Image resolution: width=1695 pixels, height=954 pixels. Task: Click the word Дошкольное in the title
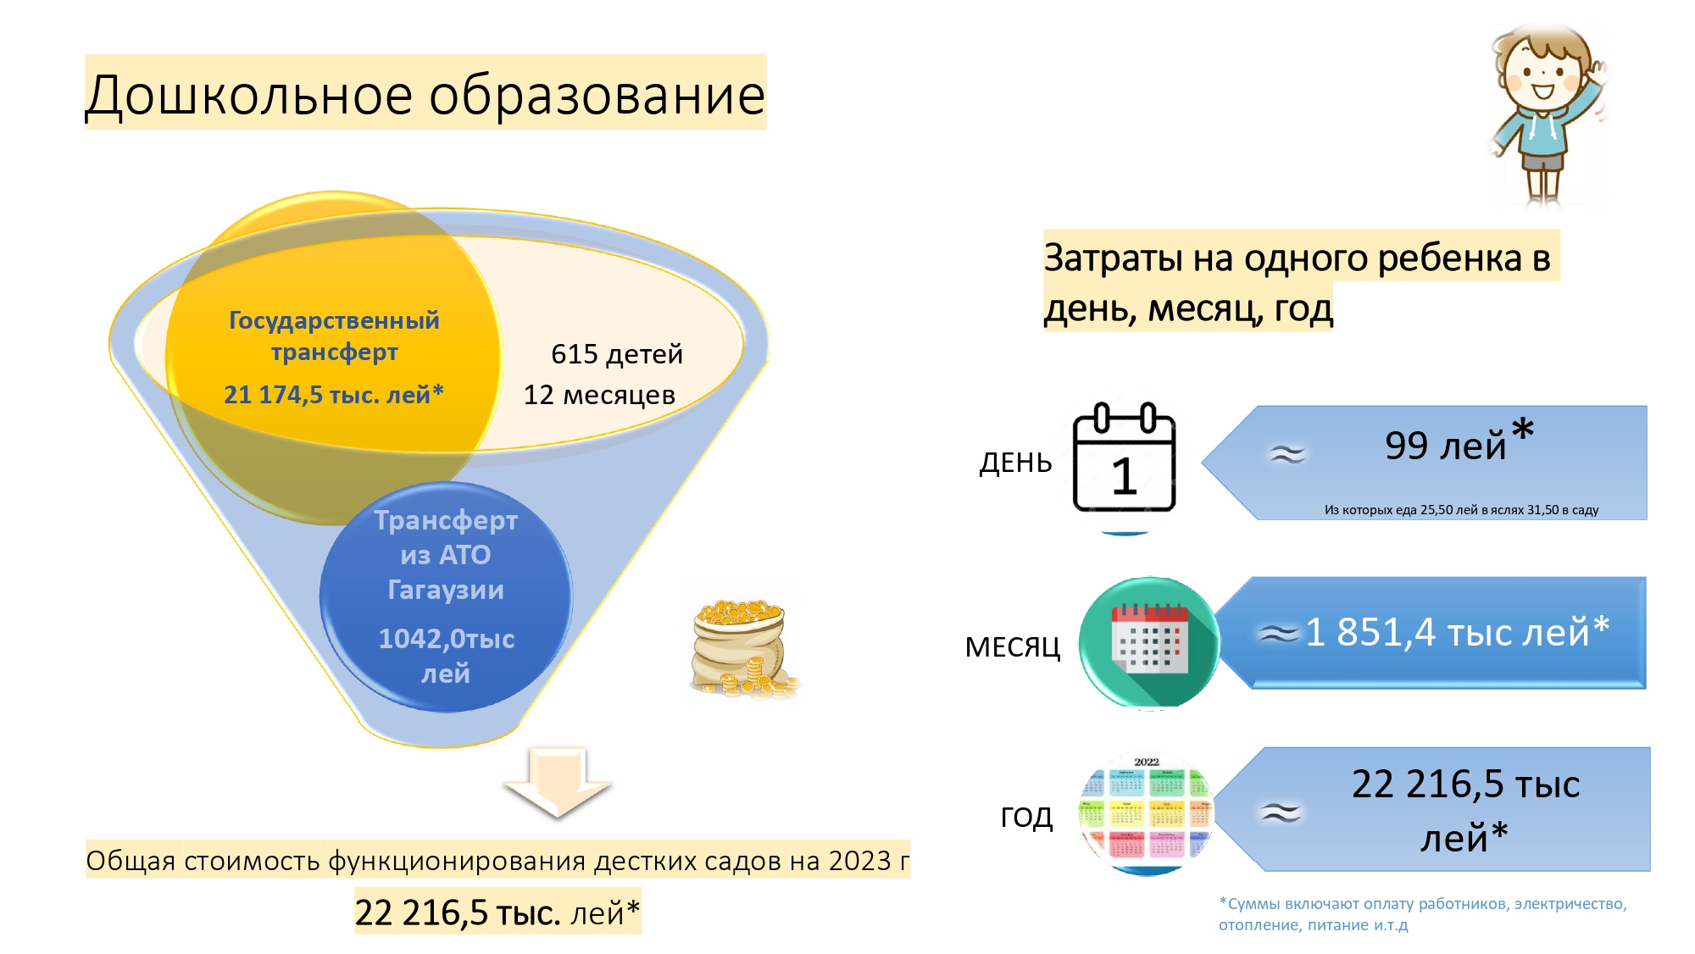click(x=249, y=95)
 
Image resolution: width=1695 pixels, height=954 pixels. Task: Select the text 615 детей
click(x=617, y=354)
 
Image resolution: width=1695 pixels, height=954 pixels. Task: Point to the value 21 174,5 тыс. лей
click(x=334, y=395)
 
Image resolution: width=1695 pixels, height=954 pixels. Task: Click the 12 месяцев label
click(x=599, y=395)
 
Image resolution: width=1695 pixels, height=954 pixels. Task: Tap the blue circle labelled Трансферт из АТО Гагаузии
click(x=446, y=596)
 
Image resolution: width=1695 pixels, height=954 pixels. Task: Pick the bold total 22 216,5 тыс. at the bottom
click(x=458, y=913)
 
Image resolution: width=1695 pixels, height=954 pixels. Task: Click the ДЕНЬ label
click(x=1015, y=463)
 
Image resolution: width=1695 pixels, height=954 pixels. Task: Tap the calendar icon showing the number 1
click(x=1125, y=458)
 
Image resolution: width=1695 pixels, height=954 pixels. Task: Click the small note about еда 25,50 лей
click(x=1461, y=510)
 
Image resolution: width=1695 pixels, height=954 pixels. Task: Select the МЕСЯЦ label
click(x=1013, y=648)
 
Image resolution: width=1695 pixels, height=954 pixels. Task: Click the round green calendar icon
click(x=1149, y=642)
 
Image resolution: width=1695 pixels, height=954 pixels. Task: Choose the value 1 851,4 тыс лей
click(x=1457, y=632)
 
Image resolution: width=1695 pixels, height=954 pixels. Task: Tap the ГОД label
click(x=1026, y=818)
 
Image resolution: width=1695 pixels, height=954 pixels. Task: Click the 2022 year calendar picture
click(x=1147, y=813)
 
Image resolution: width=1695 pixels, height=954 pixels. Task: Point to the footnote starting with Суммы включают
click(x=1423, y=914)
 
